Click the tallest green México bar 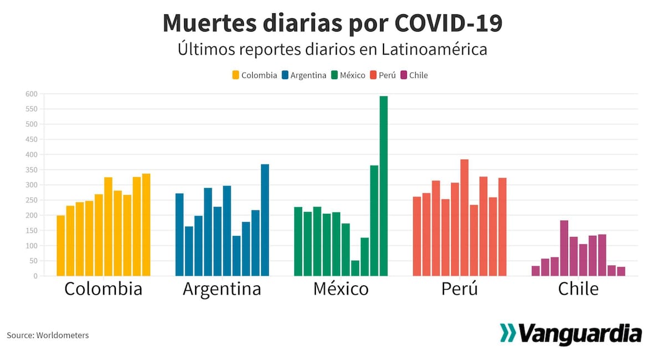click(x=383, y=186)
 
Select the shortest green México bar click(x=355, y=268)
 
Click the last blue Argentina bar click(x=265, y=220)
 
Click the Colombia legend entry click(x=254, y=75)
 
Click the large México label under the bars click(x=340, y=289)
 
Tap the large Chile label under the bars click(x=578, y=289)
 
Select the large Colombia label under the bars click(x=103, y=289)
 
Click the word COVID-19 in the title click(x=448, y=23)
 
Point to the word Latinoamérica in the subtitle click(x=434, y=49)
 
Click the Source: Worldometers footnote click(x=48, y=335)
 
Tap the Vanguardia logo click(x=571, y=333)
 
